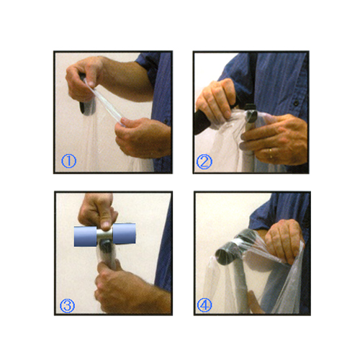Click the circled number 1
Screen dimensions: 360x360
68,161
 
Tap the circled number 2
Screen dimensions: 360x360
204,161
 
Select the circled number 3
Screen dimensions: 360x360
67,305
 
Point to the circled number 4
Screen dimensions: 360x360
204,305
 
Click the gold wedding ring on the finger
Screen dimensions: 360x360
271,153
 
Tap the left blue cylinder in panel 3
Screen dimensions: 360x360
85,236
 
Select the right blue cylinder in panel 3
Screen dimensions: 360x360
124,233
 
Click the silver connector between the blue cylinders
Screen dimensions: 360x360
104,235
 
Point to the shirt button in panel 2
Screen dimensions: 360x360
297,103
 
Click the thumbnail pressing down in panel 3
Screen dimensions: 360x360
106,225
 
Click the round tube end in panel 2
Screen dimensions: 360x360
251,116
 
